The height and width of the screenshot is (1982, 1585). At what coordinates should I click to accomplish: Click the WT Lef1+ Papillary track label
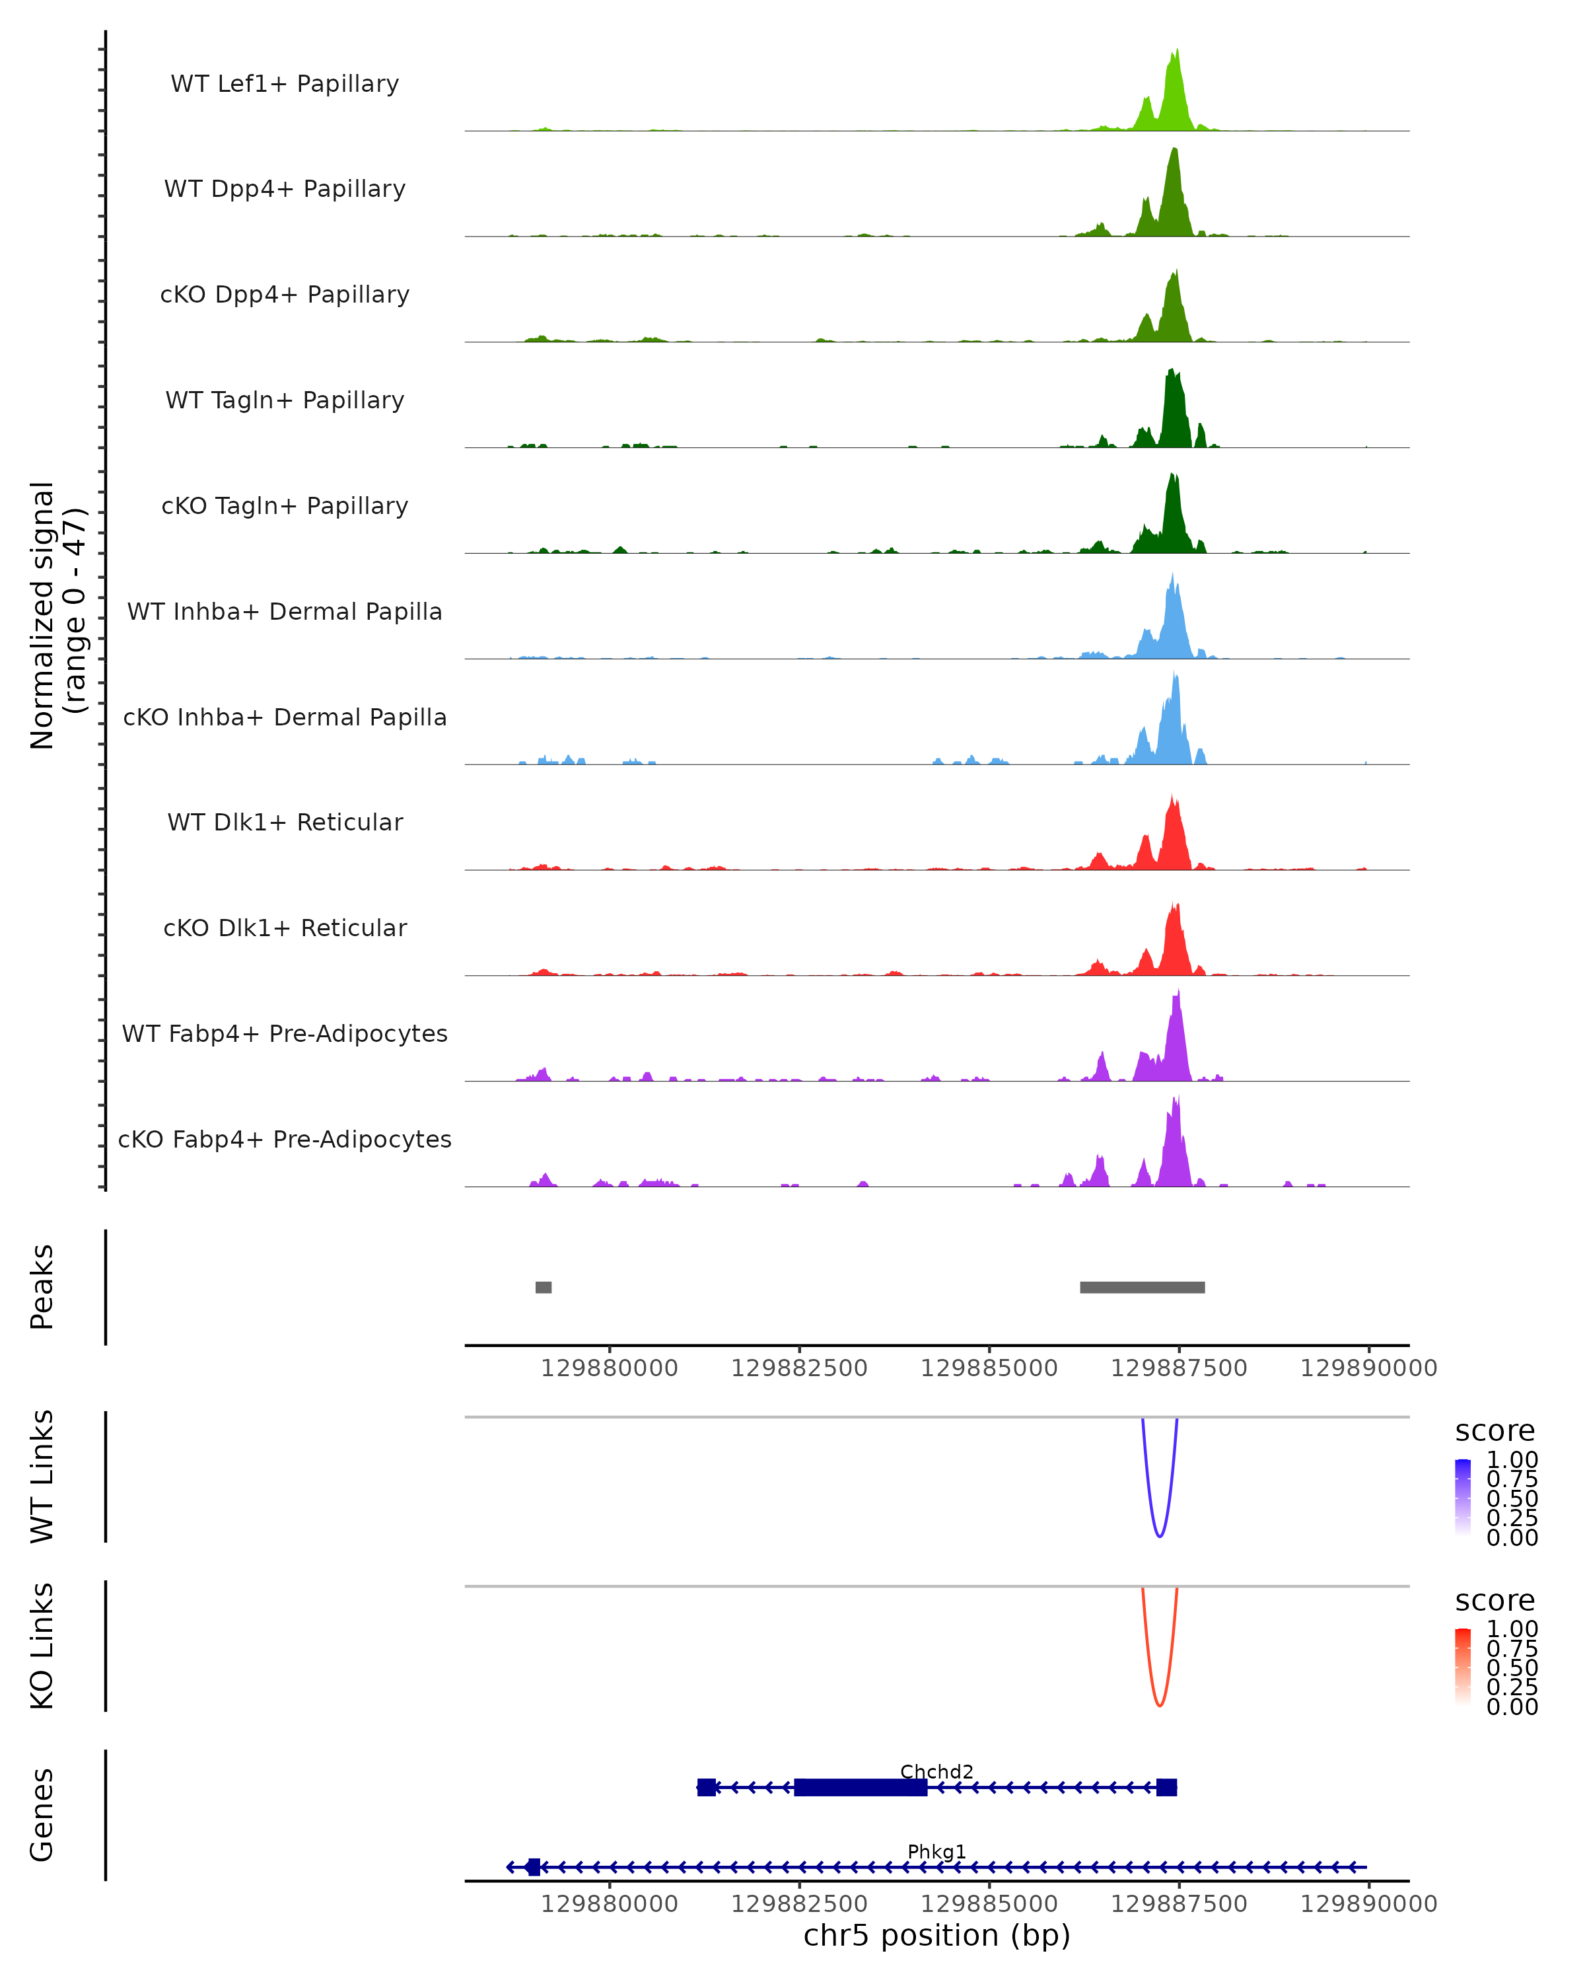click(285, 84)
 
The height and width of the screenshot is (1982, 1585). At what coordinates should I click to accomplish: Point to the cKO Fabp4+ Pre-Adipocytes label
click(285, 1139)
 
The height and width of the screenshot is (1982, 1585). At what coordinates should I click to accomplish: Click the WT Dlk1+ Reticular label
click(285, 822)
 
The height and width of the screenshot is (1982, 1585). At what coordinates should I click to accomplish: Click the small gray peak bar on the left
click(543, 1287)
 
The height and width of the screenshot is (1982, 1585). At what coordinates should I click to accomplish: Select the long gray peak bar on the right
click(1142, 1287)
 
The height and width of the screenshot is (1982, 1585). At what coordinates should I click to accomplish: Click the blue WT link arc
click(1160, 1536)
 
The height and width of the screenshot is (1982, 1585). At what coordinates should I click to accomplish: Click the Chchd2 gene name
click(936, 1771)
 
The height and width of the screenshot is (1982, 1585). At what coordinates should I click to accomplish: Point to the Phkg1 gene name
click(936, 1851)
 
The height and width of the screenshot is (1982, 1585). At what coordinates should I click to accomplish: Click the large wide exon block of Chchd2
click(860, 1787)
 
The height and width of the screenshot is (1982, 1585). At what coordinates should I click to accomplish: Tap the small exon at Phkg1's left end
click(533, 1867)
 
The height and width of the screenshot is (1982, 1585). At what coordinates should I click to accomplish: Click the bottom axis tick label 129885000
click(989, 1904)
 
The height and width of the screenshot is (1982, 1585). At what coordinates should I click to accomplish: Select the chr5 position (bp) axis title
click(936, 1936)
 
